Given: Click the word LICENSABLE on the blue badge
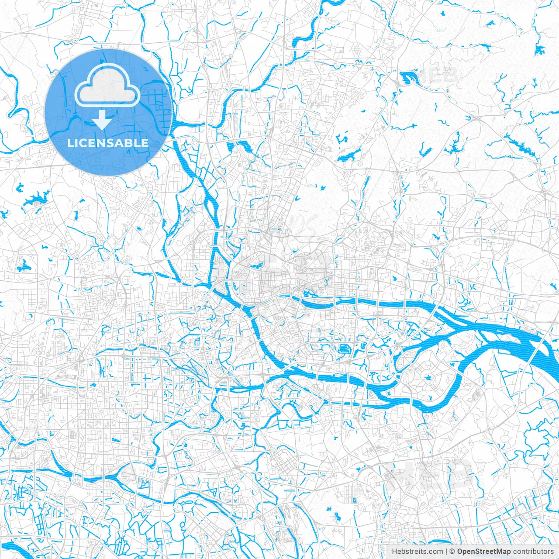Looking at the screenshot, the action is point(108,143).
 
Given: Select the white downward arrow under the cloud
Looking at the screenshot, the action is point(102,120).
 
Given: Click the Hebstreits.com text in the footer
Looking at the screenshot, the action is point(417,552).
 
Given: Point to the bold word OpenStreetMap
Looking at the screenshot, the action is point(484,552).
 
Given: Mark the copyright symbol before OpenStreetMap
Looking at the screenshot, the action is point(452,552).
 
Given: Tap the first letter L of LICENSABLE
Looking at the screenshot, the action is point(70,143).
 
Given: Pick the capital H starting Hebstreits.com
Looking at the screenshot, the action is point(394,552).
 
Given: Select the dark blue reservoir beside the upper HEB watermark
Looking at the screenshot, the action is point(408,78).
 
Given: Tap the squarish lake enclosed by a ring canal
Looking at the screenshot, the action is point(344,349).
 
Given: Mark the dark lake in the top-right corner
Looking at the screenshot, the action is point(541,50).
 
